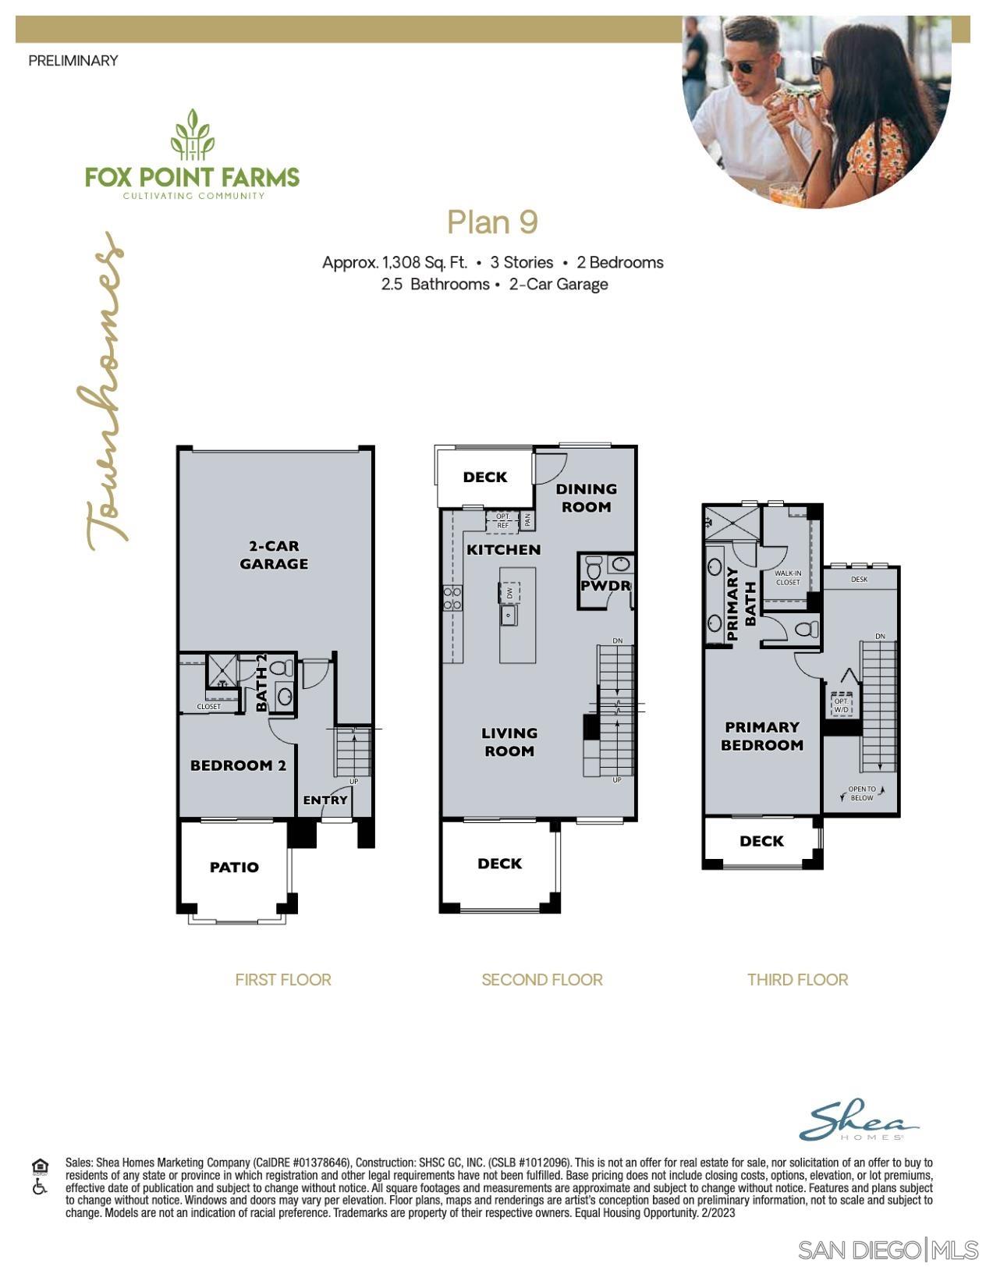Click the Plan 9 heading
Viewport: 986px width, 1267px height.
[x=492, y=222]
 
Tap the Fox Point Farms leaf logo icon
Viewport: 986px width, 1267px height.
[x=192, y=135]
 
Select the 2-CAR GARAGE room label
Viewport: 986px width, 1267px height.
[x=274, y=555]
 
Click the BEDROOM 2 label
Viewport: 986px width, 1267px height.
[x=238, y=765]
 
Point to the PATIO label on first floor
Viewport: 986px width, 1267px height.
[x=234, y=867]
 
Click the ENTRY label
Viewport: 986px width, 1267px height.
[x=325, y=800]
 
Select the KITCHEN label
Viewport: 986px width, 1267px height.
[x=503, y=549]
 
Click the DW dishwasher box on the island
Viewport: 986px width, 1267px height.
[x=509, y=592]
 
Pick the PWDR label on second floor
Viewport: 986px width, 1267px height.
[x=605, y=585]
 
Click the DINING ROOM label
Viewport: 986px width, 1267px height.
[x=586, y=498]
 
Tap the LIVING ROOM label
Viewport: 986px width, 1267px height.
[x=509, y=742]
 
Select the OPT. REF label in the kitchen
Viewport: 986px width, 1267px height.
[x=502, y=520]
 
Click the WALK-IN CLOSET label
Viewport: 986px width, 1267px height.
[x=788, y=577]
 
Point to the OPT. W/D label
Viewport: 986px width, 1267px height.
[x=841, y=705]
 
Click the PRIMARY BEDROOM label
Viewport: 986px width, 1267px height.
[x=761, y=736]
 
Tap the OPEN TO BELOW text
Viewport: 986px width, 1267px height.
[x=862, y=793]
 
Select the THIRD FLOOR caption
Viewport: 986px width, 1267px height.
[x=797, y=979]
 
